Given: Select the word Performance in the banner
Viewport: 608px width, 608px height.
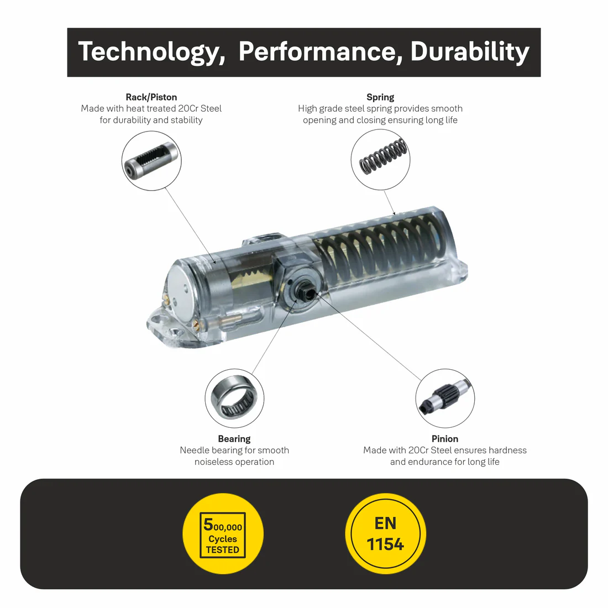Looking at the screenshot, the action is coord(320,51).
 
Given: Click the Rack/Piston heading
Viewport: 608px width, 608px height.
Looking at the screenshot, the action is coord(151,97).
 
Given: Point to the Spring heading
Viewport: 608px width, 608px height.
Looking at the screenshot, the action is coord(380,97).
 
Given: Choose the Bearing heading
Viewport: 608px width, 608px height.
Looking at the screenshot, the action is coord(234,438).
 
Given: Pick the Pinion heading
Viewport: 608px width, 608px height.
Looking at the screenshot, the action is coord(445,438).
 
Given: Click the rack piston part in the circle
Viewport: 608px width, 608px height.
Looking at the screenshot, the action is coord(151,160).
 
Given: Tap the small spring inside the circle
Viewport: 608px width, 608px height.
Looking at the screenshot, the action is coord(383,156).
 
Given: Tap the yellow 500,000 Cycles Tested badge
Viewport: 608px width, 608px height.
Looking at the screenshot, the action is coord(223,533).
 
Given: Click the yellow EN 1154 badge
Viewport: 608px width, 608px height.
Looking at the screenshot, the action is coord(385,533).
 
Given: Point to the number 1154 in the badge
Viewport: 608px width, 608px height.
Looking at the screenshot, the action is coord(385,544).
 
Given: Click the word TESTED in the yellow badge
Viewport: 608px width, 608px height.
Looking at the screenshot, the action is coord(223,549).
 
